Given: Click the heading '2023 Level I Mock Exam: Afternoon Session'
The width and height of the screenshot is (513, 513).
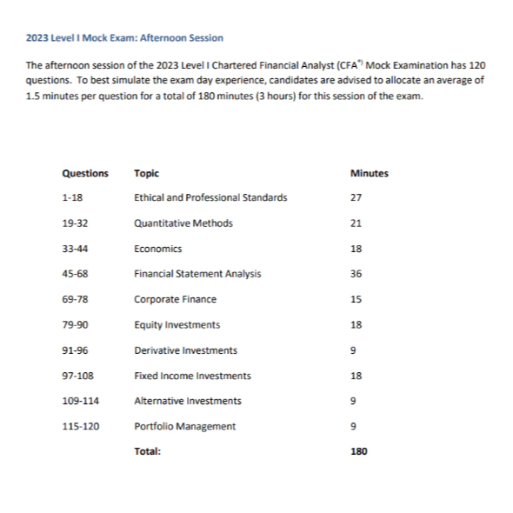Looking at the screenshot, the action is point(124,37).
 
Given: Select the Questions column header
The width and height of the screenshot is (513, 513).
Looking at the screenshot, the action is point(85,173).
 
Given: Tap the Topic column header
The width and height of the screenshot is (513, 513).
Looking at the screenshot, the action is point(146,173).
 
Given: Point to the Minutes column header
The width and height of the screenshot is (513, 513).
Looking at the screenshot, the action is point(369,173).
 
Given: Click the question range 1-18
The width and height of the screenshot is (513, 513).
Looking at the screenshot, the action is point(72,198).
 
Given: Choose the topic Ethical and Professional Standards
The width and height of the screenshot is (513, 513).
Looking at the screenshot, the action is point(210,198).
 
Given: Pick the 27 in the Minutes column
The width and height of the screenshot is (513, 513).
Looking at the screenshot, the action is point(356,198).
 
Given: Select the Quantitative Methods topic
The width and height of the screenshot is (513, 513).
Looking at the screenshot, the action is point(183,223).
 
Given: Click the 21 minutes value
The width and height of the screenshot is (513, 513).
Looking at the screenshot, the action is point(356,223).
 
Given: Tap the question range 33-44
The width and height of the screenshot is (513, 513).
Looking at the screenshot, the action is point(75,249).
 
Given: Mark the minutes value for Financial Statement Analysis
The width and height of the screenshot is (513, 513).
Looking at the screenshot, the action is point(356,274).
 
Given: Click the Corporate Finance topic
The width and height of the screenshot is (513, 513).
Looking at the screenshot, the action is point(175,299).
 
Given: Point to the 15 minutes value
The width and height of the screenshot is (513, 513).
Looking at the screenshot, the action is point(356,299).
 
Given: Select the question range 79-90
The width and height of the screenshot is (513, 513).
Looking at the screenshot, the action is point(75,325).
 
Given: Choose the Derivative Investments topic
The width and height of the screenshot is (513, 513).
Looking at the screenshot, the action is point(185,350).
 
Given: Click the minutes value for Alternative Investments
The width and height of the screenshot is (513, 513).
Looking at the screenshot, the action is point(353,401).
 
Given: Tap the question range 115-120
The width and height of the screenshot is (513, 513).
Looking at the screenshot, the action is point(81,426).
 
